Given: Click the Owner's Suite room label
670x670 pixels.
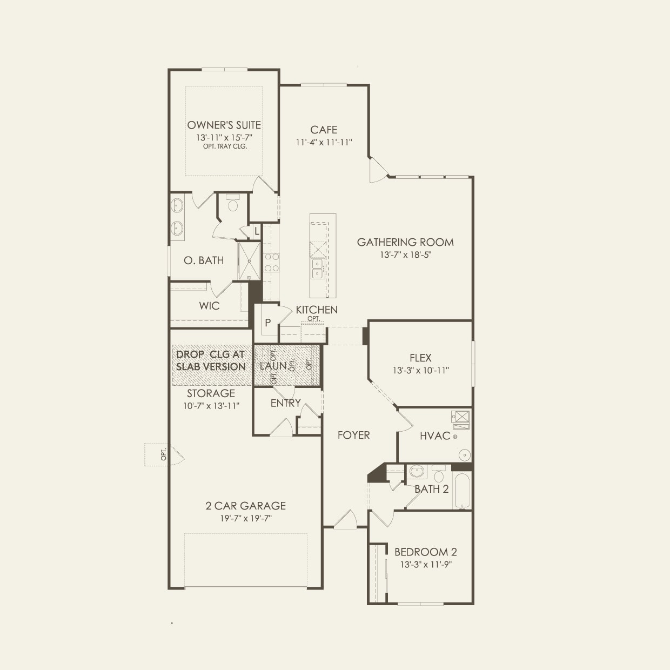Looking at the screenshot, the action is pyautogui.click(x=224, y=125).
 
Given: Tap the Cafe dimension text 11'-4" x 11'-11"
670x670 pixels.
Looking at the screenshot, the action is pyautogui.click(x=324, y=142).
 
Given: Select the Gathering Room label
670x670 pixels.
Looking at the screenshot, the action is pyautogui.click(x=405, y=242).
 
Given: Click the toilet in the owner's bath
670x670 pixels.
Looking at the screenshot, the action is pyautogui.click(x=232, y=203).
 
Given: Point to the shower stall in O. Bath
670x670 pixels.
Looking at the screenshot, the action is pyautogui.click(x=249, y=261).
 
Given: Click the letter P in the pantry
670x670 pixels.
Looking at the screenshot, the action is pyautogui.click(x=267, y=323).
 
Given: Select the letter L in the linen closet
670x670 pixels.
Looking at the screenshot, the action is pyautogui.click(x=257, y=231).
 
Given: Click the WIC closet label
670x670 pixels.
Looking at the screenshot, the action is pyautogui.click(x=209, y=306).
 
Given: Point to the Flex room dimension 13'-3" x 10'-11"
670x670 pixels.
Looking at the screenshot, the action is pyautogui.click(x=421, y=370).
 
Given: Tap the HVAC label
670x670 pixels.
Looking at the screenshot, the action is pyautogui.click(x=435, y=435).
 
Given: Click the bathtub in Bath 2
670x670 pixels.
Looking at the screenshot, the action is pyautogui.click(x=462, y=491).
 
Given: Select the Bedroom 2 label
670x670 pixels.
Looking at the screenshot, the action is pyautogui.click(x=426, y=552).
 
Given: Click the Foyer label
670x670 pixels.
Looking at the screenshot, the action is pyautogui.click(x=353, y=435).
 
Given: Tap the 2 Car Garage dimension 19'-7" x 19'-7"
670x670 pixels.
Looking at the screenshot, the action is pyautogui.click(x=246, y=518).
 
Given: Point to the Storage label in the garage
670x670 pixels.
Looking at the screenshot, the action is pyautogui.click(x=211, y=393).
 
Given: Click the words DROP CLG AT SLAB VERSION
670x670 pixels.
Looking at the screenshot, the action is pyautogui.click(x=211, y=360).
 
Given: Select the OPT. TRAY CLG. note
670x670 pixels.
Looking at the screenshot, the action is pyautogui.click(x=225, y=146).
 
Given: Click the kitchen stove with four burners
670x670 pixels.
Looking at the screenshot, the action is pyautogui.click(x=272, y=263).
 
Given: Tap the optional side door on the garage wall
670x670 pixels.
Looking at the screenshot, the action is pyautogui.click(x=165, y=454).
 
